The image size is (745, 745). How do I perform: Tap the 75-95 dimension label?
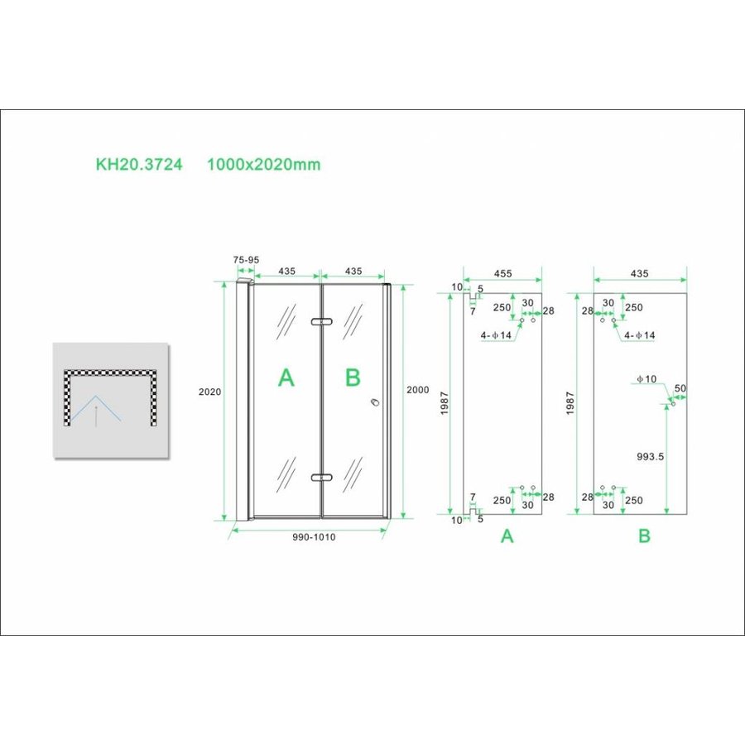246,259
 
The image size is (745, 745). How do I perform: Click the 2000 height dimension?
418,390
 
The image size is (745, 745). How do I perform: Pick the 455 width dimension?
502,272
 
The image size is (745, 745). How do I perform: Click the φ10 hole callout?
646,379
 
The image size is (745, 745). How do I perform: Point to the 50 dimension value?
680,388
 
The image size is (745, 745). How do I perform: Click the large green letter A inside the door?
286,378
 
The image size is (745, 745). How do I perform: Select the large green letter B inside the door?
353,378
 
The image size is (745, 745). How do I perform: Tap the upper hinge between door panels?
320,321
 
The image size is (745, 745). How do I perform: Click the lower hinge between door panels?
320,477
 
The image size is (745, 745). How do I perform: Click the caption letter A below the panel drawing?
507,536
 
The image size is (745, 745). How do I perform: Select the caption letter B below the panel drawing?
644,536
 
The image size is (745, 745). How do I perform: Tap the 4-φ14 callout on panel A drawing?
497,336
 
